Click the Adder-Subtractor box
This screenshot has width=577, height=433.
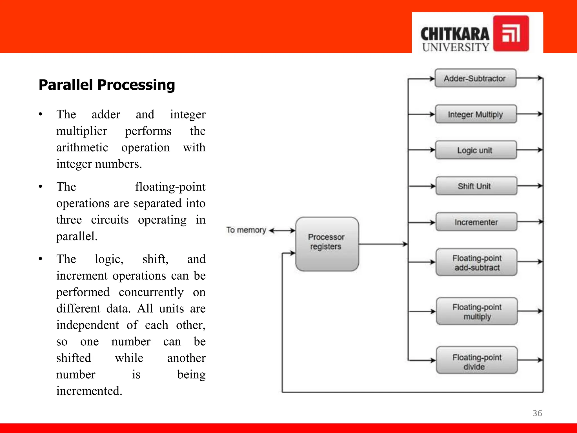coord(475,78)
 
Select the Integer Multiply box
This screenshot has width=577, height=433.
coord(476,114)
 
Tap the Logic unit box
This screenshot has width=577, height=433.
coord(476,150)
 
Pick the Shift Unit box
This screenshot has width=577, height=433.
coord(476,186)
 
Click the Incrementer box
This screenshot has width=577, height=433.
coord(476,222)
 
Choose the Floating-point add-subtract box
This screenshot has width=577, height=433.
coord(476,262)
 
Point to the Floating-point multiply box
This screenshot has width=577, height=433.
coord(477,311)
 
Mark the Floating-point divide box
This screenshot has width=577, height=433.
coord(477,360)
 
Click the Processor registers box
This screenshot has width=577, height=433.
coord(327,244)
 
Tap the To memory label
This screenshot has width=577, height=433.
coord(246,230)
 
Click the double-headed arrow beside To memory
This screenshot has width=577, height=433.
coord(282,231)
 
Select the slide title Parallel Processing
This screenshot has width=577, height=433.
coord(107,85)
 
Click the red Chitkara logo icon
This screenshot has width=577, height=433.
coord(511,33)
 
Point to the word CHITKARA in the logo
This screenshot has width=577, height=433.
coord(455,34)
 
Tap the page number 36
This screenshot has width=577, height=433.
coord(537,413)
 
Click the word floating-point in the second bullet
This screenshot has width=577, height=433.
coord(170,187)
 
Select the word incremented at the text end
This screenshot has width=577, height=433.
coord(89,391)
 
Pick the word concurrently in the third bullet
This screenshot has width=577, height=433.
coord(151,292)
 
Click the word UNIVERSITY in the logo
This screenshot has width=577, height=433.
coord(456,47)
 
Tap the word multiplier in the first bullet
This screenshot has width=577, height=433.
coord(82,131)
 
